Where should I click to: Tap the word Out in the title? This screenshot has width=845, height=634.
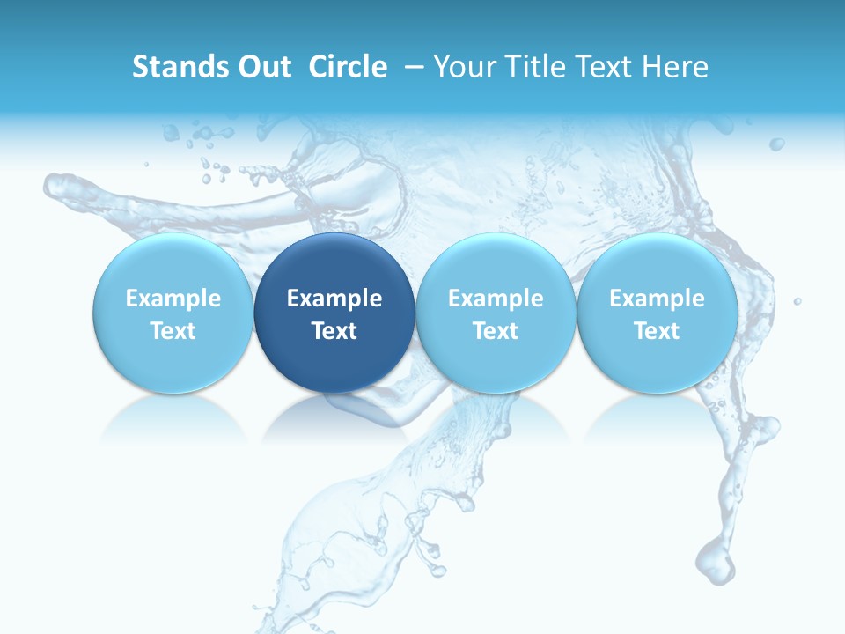(263, 67)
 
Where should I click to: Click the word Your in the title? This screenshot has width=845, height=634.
(465, 68)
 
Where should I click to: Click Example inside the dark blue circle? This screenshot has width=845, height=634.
(334, 299)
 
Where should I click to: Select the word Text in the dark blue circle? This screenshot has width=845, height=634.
(334, 331)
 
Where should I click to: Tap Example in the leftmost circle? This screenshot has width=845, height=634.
(173, 299)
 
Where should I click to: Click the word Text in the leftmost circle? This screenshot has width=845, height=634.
(173, 331)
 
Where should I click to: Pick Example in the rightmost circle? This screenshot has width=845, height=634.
(657, 299)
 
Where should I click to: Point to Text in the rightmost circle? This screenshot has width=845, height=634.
(657, 331)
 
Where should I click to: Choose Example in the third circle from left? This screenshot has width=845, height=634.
(496, 299)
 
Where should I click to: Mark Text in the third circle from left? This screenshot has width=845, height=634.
(496, 331)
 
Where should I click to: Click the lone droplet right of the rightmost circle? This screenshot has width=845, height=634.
(797, 301)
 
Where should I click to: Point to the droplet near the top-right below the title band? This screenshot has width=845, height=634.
(776, 144)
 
